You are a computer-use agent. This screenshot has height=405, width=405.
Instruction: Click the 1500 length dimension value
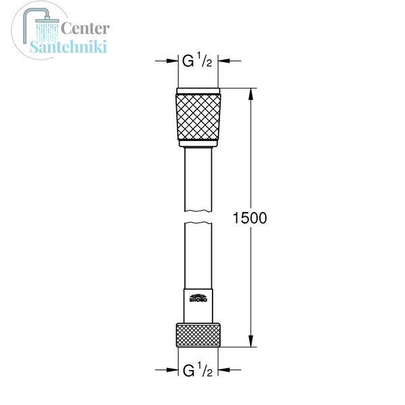[x=250, y=218]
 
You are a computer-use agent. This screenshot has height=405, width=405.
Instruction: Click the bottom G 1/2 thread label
[x=198, y=369]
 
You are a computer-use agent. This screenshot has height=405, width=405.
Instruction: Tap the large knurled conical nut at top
[x=198, y=117]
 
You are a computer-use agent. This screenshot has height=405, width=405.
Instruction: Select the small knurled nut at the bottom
[x=198, y=335]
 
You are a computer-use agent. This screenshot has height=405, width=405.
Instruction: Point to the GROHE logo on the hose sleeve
[x=198, y=298]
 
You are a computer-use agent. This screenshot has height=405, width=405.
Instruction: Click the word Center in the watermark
[x=85, y=28]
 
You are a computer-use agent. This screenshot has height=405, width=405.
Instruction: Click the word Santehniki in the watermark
[x=68, y=47]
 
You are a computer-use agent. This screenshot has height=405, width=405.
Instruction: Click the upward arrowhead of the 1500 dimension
[x=250, y=94]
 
